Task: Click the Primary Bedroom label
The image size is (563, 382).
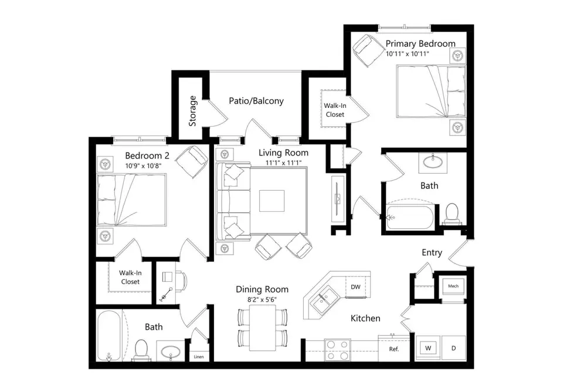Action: click(420, 43)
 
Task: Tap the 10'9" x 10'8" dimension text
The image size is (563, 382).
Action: click(143, 166)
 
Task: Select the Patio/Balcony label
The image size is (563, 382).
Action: click(256, 101)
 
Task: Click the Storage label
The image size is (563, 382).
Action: click(192, 111)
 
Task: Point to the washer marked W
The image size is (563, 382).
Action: click(428, 348)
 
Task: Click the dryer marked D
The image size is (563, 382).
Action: click(453, 348)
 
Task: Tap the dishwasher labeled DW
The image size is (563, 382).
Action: click(355, 287)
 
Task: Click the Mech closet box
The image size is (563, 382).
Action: click(453, 286)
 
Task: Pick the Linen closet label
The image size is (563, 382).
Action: click(199, 356)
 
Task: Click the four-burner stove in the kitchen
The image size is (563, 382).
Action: click(337, 350)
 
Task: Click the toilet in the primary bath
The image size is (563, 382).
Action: click(452, 213)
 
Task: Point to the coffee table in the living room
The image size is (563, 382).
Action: click(272, 201)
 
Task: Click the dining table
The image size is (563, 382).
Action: click(263, 328)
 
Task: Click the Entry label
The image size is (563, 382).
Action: click(432, 252)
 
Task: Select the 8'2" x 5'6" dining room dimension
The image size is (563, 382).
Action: click(262, 299)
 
